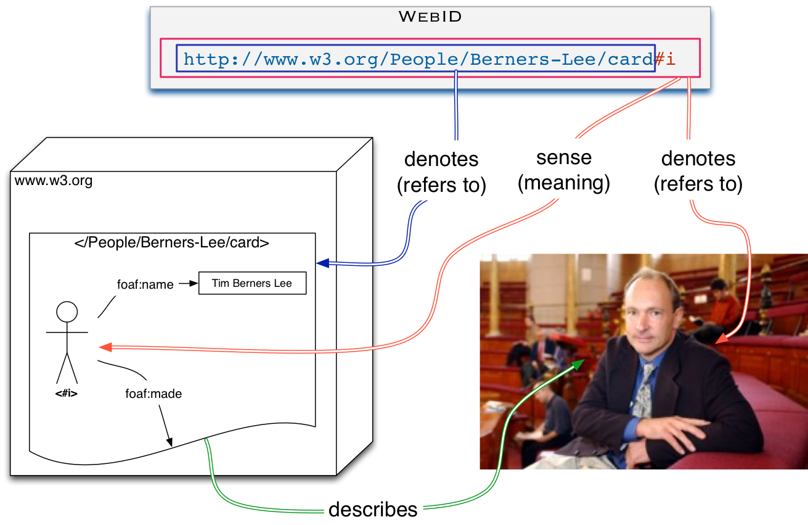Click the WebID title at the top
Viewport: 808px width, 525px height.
[x=430, y=17]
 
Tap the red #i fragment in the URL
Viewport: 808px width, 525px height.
[x=665, y=59]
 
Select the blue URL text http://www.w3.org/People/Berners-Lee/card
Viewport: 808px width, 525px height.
[x=417, y=59]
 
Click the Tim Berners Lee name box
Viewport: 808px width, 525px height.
[x=251, y=284]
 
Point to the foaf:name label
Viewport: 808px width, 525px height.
[x=145, y=285]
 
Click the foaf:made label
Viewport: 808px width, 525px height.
[x=153, y=393]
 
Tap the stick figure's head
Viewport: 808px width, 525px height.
[x=67, y=312]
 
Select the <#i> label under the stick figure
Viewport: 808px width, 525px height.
[x=67, y=393]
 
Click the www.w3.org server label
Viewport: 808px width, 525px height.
[x=53, y=181]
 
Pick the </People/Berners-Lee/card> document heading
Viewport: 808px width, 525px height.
[x=172, y=242]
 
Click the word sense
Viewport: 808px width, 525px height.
[x=563, y=157]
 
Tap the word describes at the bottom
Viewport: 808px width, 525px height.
[x=373, y=510]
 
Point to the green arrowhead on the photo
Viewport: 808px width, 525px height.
[x=578, y=365]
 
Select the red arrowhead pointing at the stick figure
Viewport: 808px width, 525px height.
[x=105, y=347]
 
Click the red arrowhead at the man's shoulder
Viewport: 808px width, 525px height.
[x=722, y=339]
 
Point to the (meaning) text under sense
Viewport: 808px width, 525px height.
[x=563, y=183]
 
